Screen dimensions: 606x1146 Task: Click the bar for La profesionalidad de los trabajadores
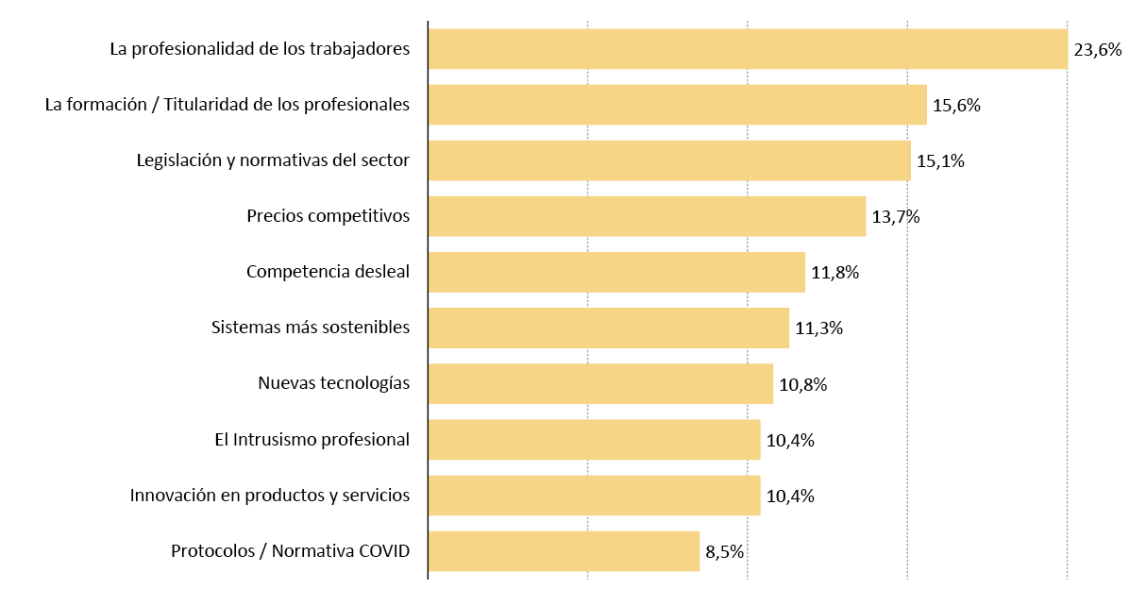click(x=748, y=49)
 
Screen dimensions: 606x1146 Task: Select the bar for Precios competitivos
click(x=647, y=216)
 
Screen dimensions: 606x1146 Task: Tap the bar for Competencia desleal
click(x=616, y=272)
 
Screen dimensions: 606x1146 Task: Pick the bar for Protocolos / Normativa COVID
click(x=564, y=551)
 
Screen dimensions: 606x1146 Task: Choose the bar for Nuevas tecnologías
click(x=600, y=384)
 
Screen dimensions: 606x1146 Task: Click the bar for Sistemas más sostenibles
click(x=608, y=328)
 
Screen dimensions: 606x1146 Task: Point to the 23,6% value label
click(x=1098, y=50)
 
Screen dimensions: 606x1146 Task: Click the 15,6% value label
click(x=956, y=106)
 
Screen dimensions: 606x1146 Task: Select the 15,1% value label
click(x=940, y=161)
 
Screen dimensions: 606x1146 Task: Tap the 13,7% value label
click(x=895, y=217)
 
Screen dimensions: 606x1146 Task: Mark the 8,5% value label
click(x=725, y=552)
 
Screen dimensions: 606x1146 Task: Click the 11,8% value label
click(x=834, y=273)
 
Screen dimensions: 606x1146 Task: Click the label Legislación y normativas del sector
click(x=273, y=160)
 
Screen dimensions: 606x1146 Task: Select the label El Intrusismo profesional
click(x=312, y=440)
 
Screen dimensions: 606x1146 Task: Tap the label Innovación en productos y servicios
click(x=270, y=496)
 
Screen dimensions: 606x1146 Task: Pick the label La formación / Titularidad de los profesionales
click(x=228, y=105)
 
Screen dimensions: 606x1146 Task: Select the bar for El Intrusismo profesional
click(x=594, y=440)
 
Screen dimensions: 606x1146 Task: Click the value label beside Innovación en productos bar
click(x=790, y=497)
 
